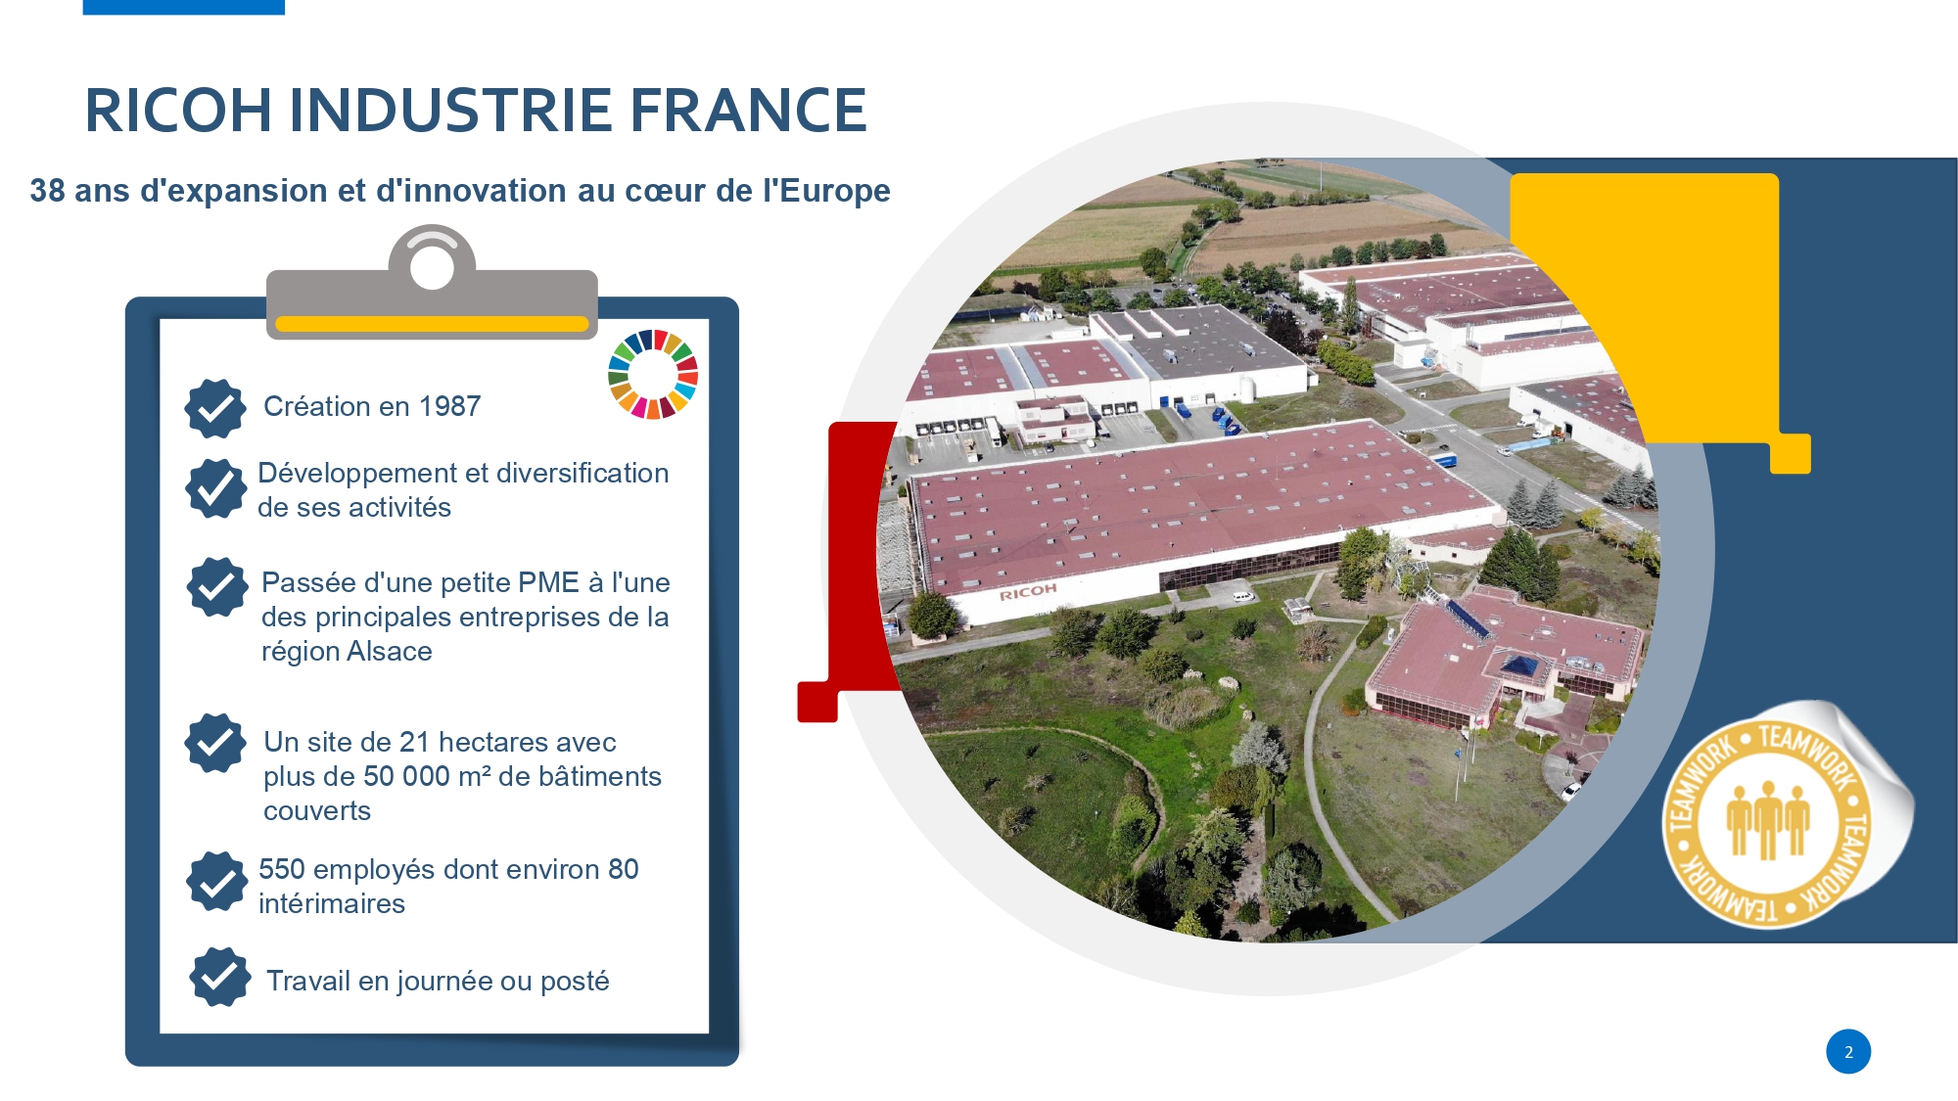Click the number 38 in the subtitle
click(47, 190)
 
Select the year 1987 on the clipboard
click(449, 406)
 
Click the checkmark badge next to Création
click(215, 408)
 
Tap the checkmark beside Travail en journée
click(220, 976)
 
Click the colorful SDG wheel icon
click(653, 375)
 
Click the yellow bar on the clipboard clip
click(432, 324)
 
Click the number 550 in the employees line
click(282, 869)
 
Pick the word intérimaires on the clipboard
click(332, 903)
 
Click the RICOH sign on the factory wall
click(1028, 592)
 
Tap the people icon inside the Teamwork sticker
click(1768, 819)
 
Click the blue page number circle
click(1848, 1052)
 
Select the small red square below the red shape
click(817, 702)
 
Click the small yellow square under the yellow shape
click(1791, 454)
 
